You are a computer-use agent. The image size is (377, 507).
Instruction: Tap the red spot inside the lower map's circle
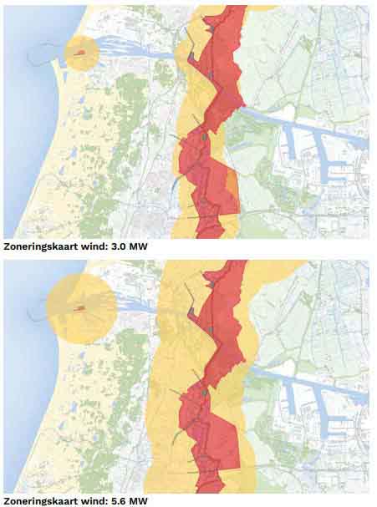[81, 308]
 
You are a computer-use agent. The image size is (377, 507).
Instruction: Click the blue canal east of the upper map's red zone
[284, 122]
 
